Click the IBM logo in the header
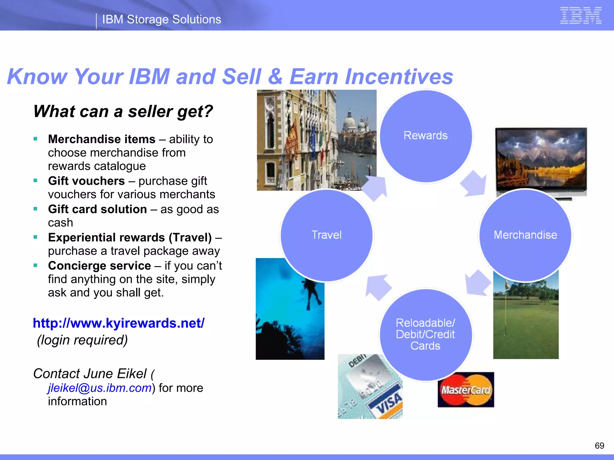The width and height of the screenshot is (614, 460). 581,15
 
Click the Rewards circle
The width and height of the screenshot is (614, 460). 425,136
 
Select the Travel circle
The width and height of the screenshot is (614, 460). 326,235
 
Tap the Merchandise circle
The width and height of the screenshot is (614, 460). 525,235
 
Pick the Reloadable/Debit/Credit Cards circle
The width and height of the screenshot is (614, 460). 425,335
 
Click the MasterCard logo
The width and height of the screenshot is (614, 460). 466,390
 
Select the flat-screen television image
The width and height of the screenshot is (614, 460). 541,160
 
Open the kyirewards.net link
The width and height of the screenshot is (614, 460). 119,323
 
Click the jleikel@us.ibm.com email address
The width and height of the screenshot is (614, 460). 100,388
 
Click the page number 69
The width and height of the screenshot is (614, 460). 599,446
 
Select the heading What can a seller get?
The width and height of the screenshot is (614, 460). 123,111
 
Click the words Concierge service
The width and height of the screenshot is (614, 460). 99,266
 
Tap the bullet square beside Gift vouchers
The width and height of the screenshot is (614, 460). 36,181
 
